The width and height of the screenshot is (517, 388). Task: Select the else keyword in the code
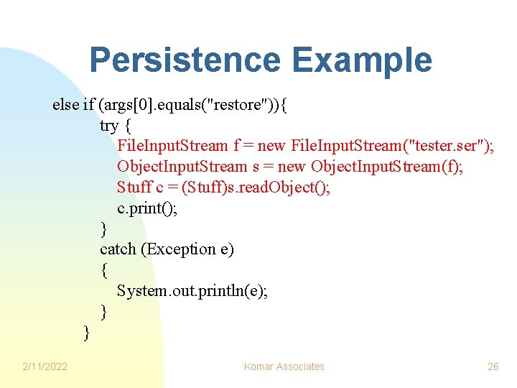click(65, 105)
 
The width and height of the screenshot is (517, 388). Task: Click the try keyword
click(109, 126)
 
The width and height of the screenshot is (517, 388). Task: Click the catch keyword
click(118, 249)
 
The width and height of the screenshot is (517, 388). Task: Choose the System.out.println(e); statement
click(192, 291)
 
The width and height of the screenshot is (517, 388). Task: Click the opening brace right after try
click(128, 126)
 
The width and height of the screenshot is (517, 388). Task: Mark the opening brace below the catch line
click(104, 270)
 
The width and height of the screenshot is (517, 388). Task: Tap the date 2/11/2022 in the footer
click(45, 366)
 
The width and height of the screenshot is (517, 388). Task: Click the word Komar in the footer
click(259, 366)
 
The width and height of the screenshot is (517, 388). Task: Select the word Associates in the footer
click(301, 366)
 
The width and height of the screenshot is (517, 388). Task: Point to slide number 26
click(493, 366)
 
